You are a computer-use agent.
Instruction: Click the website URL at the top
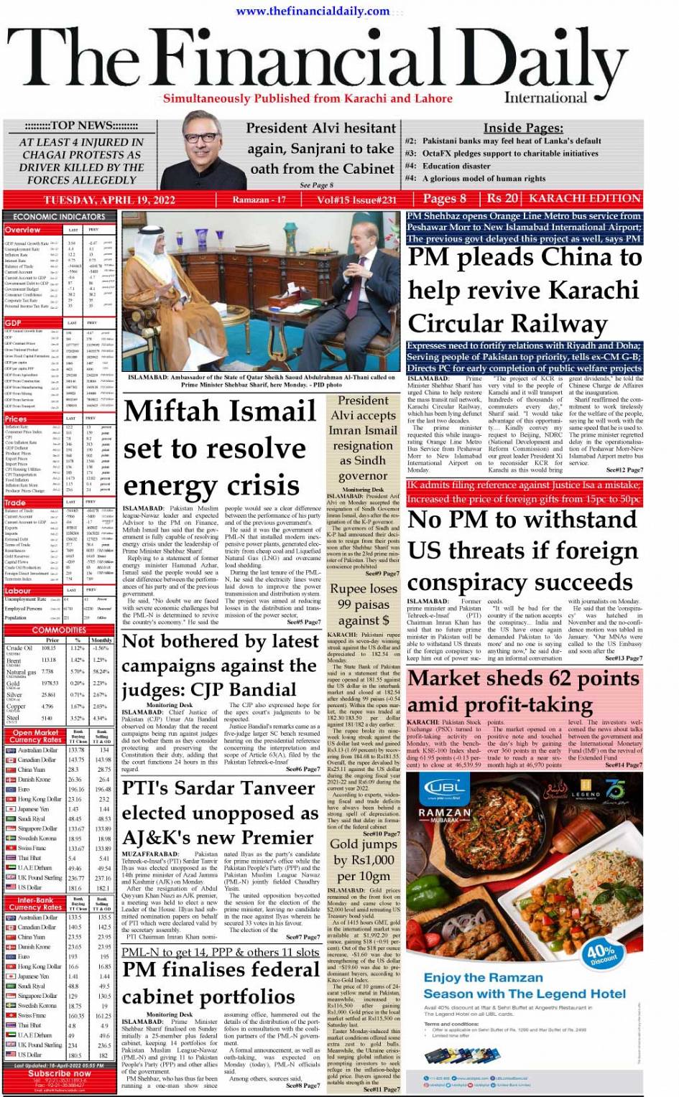coord(313,11)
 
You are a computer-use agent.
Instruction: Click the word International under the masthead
coord(545,98)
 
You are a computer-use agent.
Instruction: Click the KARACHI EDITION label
coord(584,198)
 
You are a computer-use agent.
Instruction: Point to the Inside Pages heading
coord(522,128)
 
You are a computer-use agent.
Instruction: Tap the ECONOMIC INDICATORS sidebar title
coord(59,216)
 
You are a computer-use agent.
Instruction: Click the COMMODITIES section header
coord(59,630)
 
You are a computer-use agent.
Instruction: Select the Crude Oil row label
coord(19,648)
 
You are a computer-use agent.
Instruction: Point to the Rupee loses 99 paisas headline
coord(363,604)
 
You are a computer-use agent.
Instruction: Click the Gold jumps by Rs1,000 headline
coord(363,859)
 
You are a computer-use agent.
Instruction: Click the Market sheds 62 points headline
coord(523,690)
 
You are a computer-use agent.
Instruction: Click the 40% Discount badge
coord(602,953)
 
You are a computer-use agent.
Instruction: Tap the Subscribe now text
coord(60,1073)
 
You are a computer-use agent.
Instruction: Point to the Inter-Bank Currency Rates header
coord(35,903)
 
